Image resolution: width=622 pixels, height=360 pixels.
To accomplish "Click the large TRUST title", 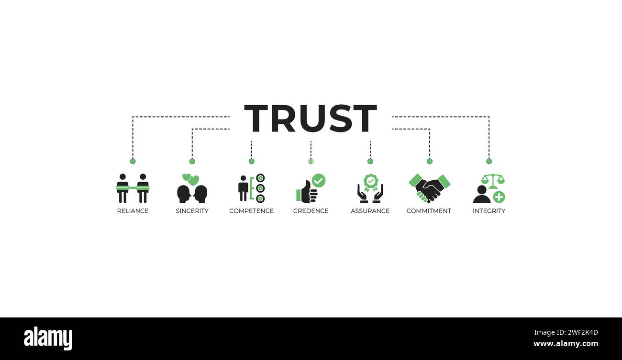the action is point(311,118).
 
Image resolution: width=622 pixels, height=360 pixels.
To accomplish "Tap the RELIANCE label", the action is point(133,211).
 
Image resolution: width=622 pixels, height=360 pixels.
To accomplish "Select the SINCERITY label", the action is point(192,211).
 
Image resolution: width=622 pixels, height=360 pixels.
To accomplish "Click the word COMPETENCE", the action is point(251,211).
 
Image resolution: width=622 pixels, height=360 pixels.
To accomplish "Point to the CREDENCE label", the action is point(311,211).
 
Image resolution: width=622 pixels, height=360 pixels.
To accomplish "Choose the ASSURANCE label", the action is point(370,211).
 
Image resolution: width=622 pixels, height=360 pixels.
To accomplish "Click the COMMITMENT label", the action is point(429,211).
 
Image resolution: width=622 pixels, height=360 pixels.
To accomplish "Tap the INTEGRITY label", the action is point(489,211).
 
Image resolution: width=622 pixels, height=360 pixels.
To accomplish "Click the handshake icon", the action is point(430,188).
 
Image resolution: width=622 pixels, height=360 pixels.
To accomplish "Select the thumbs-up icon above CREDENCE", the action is point(307,192).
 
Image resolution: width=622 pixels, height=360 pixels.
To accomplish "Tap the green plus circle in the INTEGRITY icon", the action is point(499,197).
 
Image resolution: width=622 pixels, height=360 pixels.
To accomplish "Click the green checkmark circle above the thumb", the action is point(319,181).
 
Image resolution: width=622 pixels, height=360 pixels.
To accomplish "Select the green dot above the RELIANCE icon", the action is point(133,161).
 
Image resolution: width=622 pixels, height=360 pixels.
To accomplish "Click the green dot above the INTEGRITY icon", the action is point(489,161).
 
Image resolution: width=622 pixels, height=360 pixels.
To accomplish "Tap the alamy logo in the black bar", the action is point(48,338).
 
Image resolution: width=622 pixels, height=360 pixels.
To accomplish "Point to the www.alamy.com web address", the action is point(566,344).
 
